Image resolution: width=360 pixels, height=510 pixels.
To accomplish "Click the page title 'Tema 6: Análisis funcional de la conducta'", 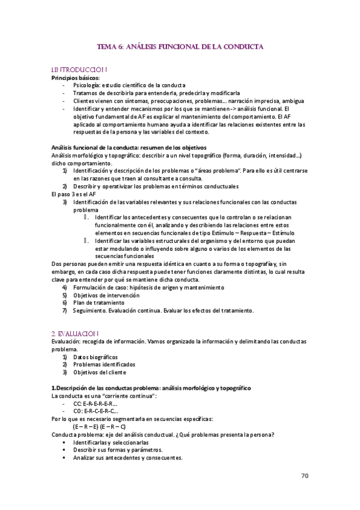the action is tap(180, 46).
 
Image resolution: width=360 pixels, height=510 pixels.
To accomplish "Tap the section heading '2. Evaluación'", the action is tap(75, 333).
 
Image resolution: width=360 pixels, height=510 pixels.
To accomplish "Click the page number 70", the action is tap(305, 476).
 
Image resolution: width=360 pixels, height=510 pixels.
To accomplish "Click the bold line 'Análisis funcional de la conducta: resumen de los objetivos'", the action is tap(129, 147).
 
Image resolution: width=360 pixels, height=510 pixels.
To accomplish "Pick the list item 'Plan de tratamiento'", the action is tap(100, 303).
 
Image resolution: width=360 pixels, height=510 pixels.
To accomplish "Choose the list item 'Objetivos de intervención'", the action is tap(106, 295).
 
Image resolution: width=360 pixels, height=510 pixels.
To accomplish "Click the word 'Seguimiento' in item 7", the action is tap(91, 311).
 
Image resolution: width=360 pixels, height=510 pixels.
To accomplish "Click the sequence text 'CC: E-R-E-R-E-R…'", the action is tap(96, 404).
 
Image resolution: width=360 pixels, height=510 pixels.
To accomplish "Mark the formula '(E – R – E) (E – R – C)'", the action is tap(99, 426).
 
